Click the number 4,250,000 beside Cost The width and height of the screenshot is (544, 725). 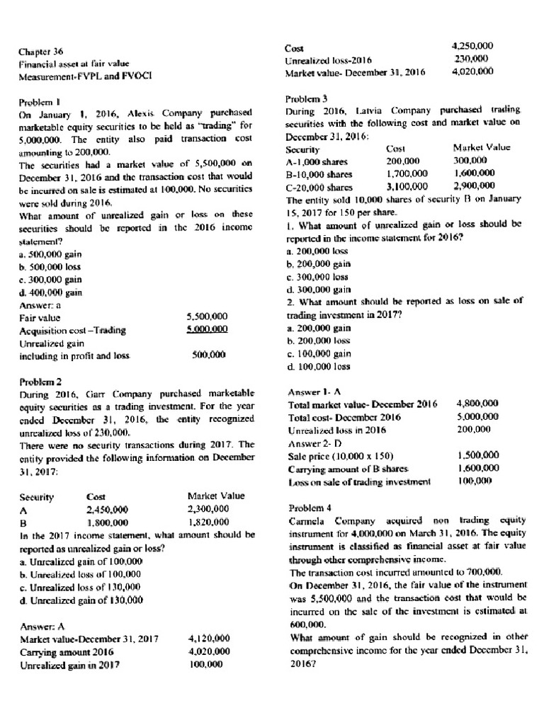471,46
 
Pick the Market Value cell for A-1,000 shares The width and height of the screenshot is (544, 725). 470,161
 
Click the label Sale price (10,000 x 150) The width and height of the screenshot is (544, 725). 341,455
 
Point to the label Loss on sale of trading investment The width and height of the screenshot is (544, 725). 359,481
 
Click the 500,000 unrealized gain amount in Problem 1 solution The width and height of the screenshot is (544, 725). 208,355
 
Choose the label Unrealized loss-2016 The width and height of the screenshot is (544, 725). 328,59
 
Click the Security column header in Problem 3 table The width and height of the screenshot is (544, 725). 302,149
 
